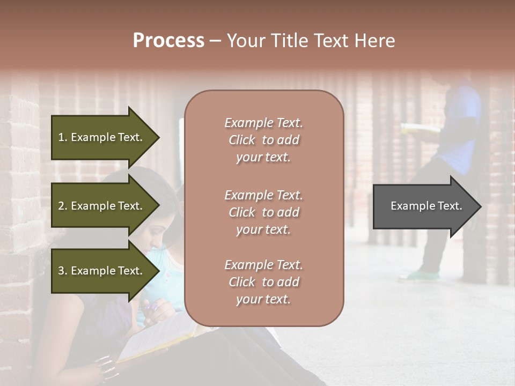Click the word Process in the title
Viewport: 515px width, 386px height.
coord(168,40)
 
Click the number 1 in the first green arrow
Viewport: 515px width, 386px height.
coord(62,137)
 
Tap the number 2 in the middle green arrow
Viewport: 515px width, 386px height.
coord(62,206)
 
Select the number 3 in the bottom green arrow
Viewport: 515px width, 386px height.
coord(62,271)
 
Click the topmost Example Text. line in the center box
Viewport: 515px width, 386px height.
coord(263,123)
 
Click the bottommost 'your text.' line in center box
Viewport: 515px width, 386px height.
coord(263,300)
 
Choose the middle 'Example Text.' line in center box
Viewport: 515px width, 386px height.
coord(263,195)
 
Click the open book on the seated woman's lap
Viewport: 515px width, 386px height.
coord(156,338)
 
